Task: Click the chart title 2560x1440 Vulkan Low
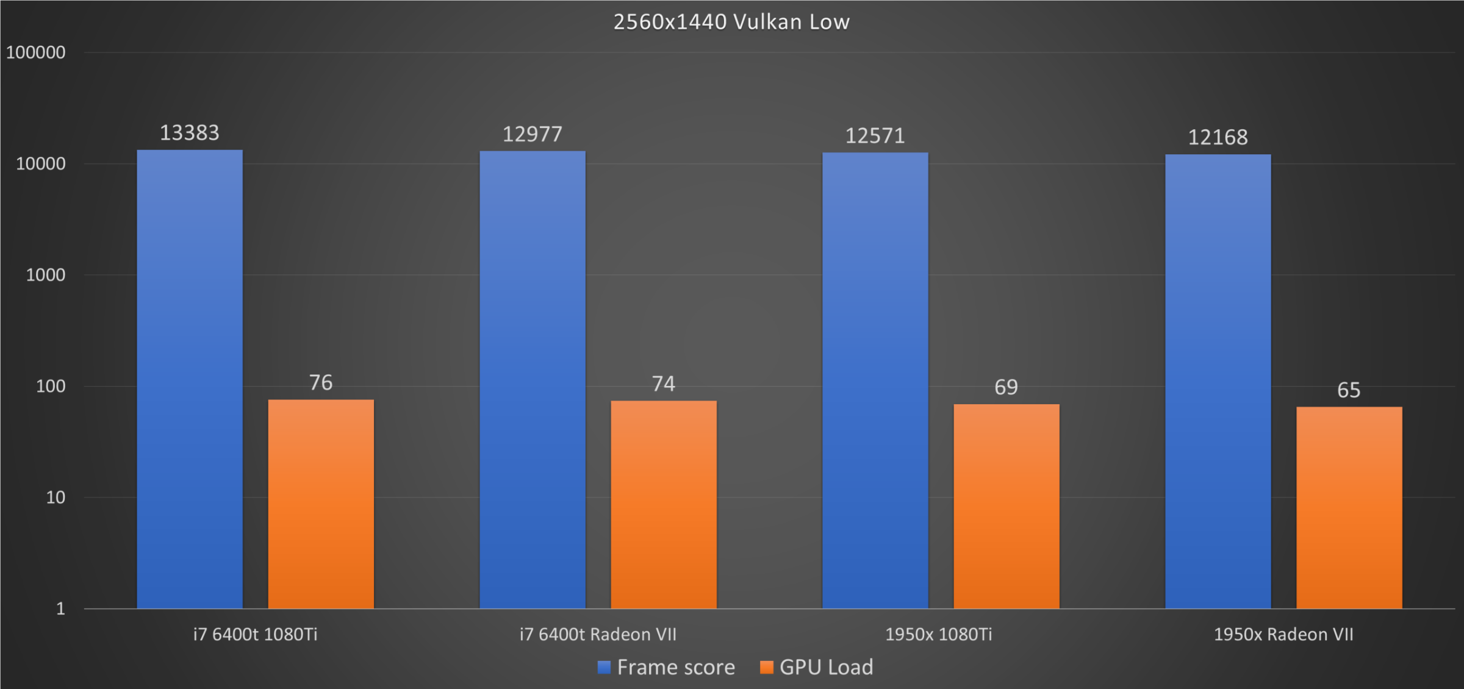[731, 22]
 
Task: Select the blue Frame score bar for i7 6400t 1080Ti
[190, 378]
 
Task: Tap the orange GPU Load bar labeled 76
[321, 504]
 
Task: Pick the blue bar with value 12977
[533, 378]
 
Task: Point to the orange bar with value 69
[1006, 506]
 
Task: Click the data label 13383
[190, 133]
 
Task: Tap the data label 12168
[1218, 137]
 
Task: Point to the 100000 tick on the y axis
[35, 52]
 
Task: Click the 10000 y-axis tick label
[40, 163]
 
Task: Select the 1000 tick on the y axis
[45, 275]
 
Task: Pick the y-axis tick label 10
[56, 498]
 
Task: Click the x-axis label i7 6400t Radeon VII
[598, 635]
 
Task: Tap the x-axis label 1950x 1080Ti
[939, 635]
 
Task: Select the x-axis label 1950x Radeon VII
[1283, 635]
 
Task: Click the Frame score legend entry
[667, 668]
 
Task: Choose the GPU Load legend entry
[817, 668]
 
